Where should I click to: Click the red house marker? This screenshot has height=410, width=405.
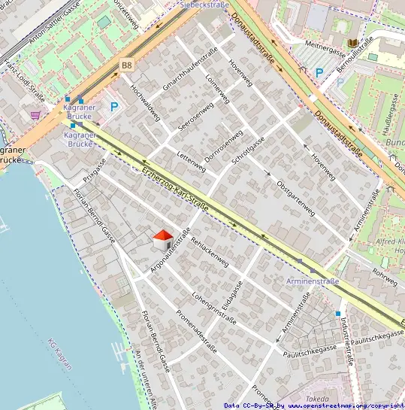(162, 240)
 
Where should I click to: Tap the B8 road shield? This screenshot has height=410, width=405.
(125, 66)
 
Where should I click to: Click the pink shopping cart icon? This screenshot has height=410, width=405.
(35, 115)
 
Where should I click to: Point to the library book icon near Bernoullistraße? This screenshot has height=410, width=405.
(353, 44)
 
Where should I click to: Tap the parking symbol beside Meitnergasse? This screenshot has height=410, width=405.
(319, 73)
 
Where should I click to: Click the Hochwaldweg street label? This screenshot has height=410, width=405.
(145, 102)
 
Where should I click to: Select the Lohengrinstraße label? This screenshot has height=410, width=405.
(214, 308)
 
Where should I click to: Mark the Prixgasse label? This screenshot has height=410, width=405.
(95, 171)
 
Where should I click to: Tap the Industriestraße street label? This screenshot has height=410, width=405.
(346, 339)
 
